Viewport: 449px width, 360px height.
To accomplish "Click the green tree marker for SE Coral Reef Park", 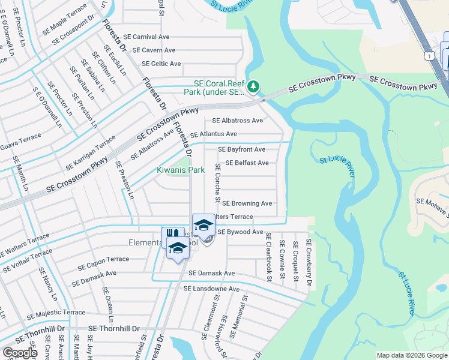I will click(x=254, y=88).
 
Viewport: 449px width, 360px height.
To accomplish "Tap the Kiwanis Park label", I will click(x=181, y=170).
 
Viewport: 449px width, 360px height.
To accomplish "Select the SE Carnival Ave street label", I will click(x=155, y=37).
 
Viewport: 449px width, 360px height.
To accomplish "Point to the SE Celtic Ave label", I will click(x=161, y=64).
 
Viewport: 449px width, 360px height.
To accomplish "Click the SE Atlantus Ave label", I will click(x=213, y=134).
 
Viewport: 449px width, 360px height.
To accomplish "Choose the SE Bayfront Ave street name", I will click(x=241, y=149).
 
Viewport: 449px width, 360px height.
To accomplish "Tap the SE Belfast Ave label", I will click(x=247, y=163).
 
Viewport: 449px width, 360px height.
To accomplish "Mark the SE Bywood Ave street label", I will click(x=240, y=232).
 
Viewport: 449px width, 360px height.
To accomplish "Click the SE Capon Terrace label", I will click(x=100, y=259).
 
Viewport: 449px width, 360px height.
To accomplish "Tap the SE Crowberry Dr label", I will click(x=309, y=262).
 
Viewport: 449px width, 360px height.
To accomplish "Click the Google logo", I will click(x=20, y=353).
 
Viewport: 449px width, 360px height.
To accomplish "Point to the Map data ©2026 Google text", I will click(x=411, y=355).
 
